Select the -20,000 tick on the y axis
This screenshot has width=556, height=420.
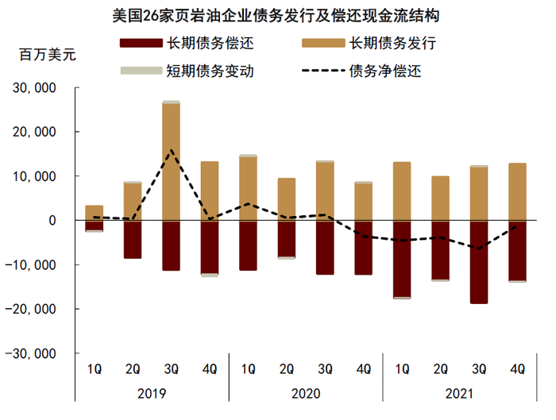pyautogui.click(x=33, y=309)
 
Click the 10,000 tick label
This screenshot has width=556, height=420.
pyautogui.click(x=36, y=176)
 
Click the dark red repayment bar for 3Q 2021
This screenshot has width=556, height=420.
pyautogui.click(x=479, y=262)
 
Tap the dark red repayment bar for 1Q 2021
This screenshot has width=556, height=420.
pyautogui.click(x=402, y=259)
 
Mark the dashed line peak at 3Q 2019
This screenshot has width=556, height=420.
pyautogui.click(x=171, y=150)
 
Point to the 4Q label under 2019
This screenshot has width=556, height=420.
pyautogui.click(x=210, y=368)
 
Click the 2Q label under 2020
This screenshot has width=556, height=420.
pyautogui.click(x=287, y=368)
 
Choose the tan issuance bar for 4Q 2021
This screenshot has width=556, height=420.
pyautogui.click(x=517, y=192)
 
